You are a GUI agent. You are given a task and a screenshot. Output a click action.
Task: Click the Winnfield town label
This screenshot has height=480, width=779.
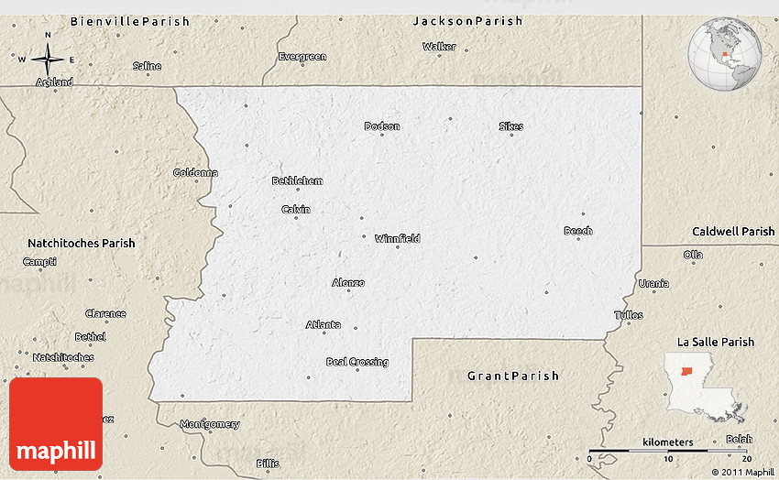(x=397, y=238)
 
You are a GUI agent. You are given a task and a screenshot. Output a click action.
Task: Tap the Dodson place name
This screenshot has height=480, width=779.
(x=382, y=126)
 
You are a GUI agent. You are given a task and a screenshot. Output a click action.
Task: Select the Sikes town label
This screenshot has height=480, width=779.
(x=510, y=126)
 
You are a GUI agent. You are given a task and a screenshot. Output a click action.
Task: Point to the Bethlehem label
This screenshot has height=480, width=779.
(x=297, y=181)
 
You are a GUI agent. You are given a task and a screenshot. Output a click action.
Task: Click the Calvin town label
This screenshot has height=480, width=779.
(x=295, y=210)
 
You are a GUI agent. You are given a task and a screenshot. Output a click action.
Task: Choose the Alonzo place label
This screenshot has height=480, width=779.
(x=348, y=283)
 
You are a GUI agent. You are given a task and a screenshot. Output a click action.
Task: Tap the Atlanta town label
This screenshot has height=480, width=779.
(x=324, y=324)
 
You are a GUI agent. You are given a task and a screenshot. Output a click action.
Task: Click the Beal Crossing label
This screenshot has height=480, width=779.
(x=357, y=362)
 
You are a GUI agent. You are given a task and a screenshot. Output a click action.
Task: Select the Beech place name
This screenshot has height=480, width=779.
(x=577, y=231)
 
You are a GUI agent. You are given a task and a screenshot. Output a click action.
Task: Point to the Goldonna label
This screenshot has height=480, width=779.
(x=195, y=172)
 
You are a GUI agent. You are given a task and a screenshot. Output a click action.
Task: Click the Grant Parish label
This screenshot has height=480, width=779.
(x=512, y=376)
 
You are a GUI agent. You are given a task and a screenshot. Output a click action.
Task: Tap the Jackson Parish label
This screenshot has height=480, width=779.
(x=467, y=20)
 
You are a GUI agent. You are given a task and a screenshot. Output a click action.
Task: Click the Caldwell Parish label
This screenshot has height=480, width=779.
(x=733, y=232)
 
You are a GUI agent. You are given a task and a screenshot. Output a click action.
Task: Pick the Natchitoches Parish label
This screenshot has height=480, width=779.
(x=82, y=244)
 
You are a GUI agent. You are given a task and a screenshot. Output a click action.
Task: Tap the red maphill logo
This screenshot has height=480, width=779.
(x=56, y=424)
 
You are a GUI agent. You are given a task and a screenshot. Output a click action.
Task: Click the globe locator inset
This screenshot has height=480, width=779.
(x=724, y=54)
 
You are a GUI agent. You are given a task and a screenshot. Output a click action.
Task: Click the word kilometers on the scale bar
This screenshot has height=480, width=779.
(x=668, y=442)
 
